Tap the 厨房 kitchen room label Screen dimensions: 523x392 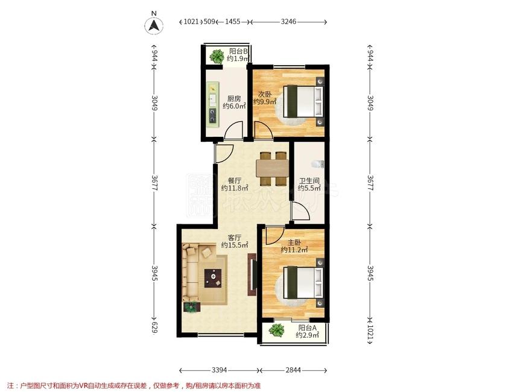tap(234, 99)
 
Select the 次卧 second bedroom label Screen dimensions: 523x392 tap(265, 94)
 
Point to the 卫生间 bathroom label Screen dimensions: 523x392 tap(309, 181)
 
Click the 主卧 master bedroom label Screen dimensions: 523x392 tap(294, 242)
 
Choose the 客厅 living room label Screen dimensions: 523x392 tap(235, 238)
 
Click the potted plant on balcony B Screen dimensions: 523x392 tap(217, 56)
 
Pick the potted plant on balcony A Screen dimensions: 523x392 tap(276, 330)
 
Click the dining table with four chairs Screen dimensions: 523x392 tap(273, 168)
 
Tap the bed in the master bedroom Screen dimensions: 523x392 tap(303, 282)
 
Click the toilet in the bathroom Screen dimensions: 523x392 tap(317, 164)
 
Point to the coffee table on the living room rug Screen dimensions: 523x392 tap(213, 279)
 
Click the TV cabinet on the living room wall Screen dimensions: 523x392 tap(252, 274)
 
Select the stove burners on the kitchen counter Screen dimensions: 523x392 tap(213, 116)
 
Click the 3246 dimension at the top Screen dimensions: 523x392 tap(288, 22)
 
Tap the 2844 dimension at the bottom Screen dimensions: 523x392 tap(293, 370)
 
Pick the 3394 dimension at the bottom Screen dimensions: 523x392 tap(220, 370)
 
